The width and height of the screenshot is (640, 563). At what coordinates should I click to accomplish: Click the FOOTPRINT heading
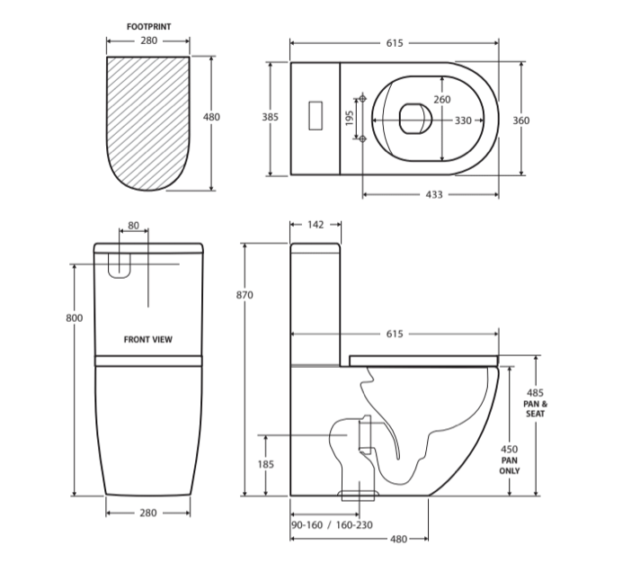pyautogui.click(x=148, y=27)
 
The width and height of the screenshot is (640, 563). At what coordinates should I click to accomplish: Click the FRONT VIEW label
pyautogui.click(x=147, y=339)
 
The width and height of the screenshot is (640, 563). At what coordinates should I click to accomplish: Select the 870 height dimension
pyautogui.click(x=244, y=295)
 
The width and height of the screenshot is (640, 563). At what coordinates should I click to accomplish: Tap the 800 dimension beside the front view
pyautogui.click(x=75, y=317)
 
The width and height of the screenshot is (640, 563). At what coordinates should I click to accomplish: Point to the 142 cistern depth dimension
pyautogui.click(x=316, y=225)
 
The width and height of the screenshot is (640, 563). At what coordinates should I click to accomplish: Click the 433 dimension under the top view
pyautogui.click(x=434, y=195)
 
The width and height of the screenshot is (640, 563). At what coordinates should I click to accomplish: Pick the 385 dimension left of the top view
pyautogui.click(x=271, y=117)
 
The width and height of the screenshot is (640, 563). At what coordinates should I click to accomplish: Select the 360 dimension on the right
pyautogui.click(x=521, y=121)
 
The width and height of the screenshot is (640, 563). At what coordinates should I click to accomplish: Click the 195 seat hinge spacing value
pyautogui.click(x=350, y=119)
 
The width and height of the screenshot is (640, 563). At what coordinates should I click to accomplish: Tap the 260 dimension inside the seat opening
pyautogui.click(x=442, y=100)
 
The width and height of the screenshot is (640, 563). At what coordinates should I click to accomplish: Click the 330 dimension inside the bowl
pyautogui.click(x=463, y=121)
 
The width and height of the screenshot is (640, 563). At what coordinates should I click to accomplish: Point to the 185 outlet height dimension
pyautogui.click(x=266, y=464)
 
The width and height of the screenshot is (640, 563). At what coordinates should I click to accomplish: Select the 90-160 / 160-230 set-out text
pyautogui.click(x=332, y=524)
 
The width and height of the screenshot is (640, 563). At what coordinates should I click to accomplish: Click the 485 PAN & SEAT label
pyautogui.click(x=535, y=403)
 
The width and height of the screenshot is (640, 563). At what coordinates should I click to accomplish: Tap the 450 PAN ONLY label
pyautogui.click(x=510, y=460)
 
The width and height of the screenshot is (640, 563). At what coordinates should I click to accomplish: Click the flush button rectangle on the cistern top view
pyautogui.click(x=316, y=115)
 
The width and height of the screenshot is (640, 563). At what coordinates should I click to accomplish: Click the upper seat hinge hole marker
pyautogui.click(x=362, y=98)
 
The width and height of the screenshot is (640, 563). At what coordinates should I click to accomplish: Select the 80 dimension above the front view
pyautogui.click(x=133, y=226)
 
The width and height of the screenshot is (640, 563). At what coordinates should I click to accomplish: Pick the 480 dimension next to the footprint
pyautogui.click(x=211, y=117)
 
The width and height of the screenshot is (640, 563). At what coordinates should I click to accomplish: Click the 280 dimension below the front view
pyautogui.click(x=148, y=513)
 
